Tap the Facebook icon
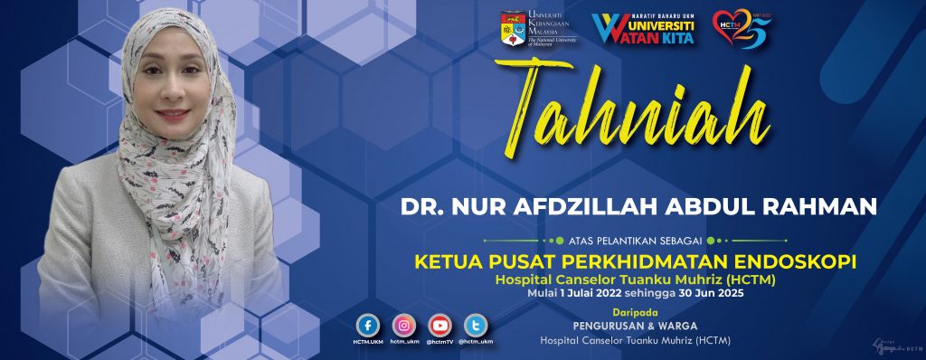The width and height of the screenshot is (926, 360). coord(367,326)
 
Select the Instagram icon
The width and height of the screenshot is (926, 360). coord(403,326)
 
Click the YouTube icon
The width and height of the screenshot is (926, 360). coord(439,326)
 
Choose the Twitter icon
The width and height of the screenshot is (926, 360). coord(476,326)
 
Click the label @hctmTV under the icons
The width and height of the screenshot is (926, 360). coord(439,342)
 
